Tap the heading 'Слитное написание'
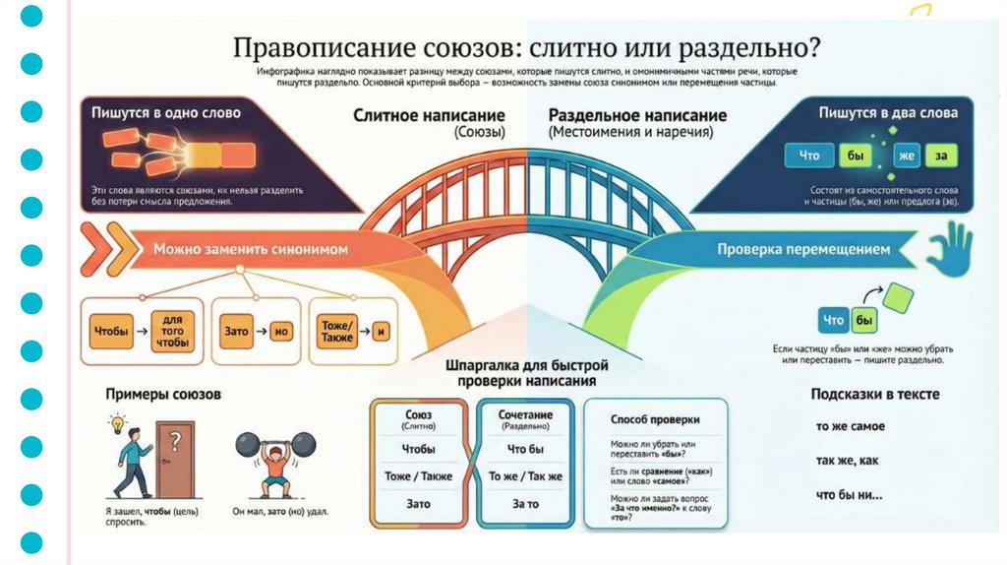(429, 115)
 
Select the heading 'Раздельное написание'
(637, 115)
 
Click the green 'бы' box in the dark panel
(853, 155)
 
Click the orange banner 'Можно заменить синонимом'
(250, 250)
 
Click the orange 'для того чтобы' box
(173, 332)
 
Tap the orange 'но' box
(281, 332)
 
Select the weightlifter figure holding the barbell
(276, 463)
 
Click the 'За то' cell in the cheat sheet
(525, 504)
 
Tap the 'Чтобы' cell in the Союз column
(418, 449)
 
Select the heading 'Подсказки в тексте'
(874, 395)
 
